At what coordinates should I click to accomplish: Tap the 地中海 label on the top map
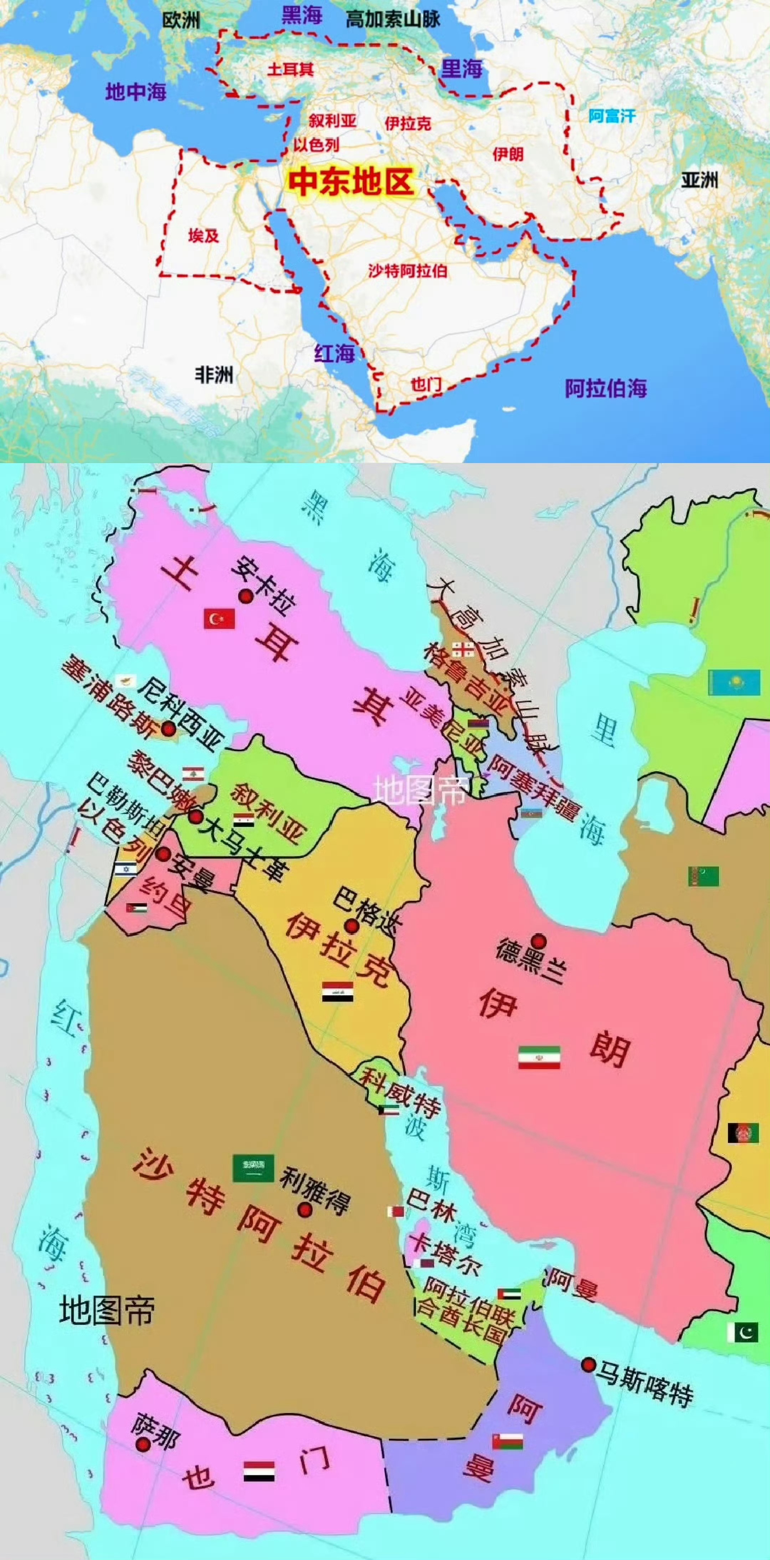pos(135,92)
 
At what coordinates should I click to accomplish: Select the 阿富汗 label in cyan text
pos(612,116)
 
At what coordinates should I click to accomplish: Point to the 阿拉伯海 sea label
pos(606,388)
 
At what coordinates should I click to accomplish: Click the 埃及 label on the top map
pos(204,235)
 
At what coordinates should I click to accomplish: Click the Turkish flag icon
pos(219,618)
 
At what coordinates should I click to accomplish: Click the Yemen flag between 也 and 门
pos(259,1471)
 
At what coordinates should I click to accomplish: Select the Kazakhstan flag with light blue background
pos(734,682)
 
